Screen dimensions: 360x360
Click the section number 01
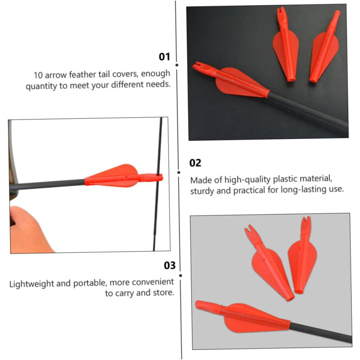tap(164, 57)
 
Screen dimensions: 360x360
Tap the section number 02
tap(195, 163)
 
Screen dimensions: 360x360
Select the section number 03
tap(170, 265)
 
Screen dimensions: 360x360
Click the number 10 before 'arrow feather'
tap(38, 75)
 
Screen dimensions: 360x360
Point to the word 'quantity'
tap(41, 86)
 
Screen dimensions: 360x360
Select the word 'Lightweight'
tap(32, 284)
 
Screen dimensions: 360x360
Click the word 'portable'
tap(90, 283)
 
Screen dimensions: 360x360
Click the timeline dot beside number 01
tap(177, 65)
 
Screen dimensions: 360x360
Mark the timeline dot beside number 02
tap(179, 172)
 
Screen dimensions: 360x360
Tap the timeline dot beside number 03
tap(181, 276)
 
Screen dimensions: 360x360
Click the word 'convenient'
tap(153, 282)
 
